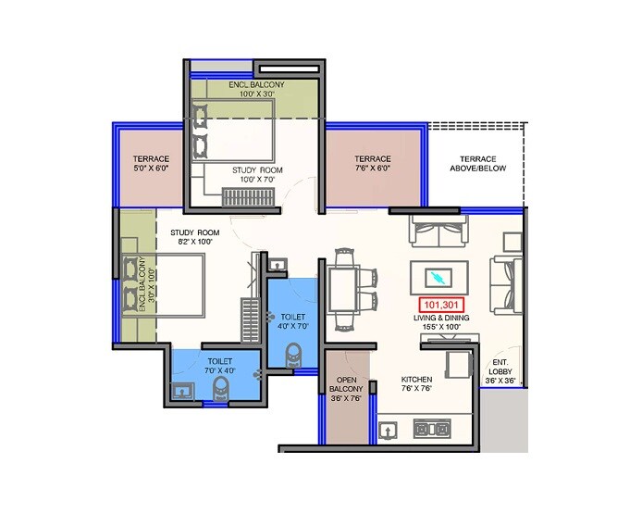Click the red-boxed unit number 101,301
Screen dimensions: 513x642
tap(441, 304)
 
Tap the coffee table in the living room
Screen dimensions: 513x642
tap(439, 277)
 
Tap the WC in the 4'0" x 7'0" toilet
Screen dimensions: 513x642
tap(295, 355)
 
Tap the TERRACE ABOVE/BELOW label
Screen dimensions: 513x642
tap(475, 164)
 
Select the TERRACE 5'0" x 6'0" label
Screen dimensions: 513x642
tap(151, 164)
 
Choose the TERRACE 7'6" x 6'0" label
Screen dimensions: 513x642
tap(372, 164)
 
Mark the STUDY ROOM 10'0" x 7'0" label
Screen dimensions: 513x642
tap(257, 176)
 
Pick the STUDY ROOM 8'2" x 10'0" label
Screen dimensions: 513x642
tap(194, 237)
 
